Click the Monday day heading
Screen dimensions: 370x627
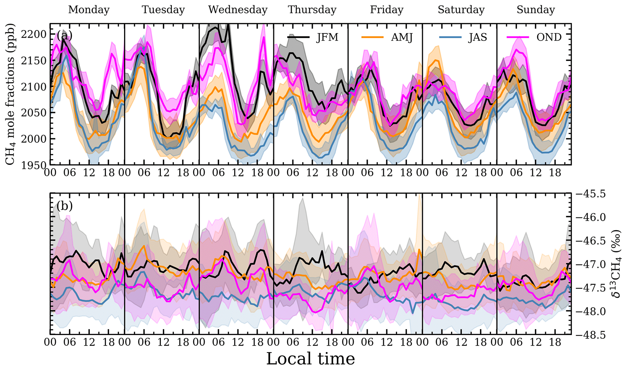coord(89,10)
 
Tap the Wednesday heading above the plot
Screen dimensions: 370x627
coord(238,10)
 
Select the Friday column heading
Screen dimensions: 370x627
coord(386,10)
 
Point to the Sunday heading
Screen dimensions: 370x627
coord(535,10)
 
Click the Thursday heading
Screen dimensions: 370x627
coord(312,10)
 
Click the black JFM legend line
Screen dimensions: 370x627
coord(298,37)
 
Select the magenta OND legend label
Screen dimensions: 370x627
coord(550,37)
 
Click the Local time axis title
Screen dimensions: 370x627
coord(311,359)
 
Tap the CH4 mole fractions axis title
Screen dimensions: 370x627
coord(10,94)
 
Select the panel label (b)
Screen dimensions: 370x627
coord(64,206)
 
